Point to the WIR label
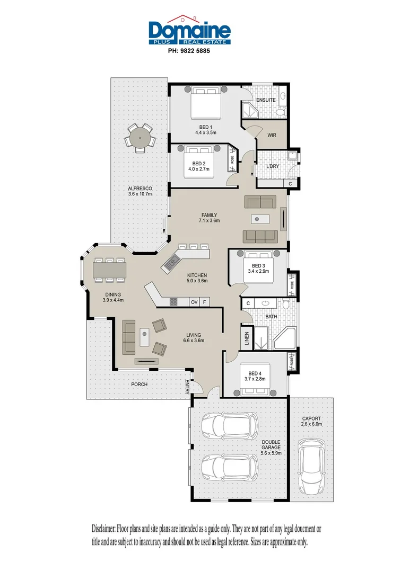point(272,135)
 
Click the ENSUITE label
point(266,100)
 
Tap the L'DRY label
point(273,166)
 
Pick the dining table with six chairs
point(110,269)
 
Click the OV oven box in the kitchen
point(195,302)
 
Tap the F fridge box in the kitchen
point(204,302)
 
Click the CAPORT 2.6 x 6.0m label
point(311,422)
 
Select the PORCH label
point(140,384)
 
